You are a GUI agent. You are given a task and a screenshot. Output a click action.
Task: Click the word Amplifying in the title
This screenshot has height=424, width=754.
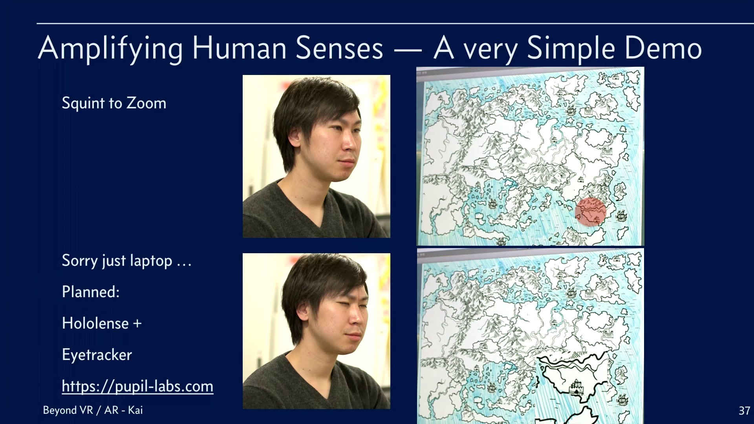tap(110, 49)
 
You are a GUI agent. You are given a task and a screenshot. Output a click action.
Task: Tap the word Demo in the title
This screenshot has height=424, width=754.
tap(663, 48)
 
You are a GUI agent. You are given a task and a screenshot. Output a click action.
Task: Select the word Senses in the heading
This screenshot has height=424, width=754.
tap(339, 48)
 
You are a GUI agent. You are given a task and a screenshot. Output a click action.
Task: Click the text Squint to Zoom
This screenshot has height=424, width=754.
tap(114, 103)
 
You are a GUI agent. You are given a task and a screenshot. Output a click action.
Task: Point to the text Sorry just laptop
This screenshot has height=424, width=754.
tap(117, 261)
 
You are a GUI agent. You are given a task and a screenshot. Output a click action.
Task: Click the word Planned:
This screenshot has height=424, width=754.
tap(91, 292)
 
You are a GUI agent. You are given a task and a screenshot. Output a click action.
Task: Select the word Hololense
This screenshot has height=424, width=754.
tap(95, 323)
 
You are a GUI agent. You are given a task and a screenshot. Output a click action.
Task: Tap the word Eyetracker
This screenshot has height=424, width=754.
tap(97, 355)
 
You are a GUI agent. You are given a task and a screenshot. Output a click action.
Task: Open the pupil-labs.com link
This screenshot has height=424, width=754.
tap(137, 386)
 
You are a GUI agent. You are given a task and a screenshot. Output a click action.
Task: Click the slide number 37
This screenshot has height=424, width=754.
tap(744, 411)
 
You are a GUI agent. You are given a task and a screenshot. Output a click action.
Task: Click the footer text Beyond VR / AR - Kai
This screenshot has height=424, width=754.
tap(93, 410)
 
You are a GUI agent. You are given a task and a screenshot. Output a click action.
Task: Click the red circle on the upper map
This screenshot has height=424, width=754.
tap(591, 212)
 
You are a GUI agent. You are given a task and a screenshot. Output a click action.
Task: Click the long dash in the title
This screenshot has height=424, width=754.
tap(408, 51)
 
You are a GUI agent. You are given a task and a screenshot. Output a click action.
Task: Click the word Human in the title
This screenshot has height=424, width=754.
tap(239, 48)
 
